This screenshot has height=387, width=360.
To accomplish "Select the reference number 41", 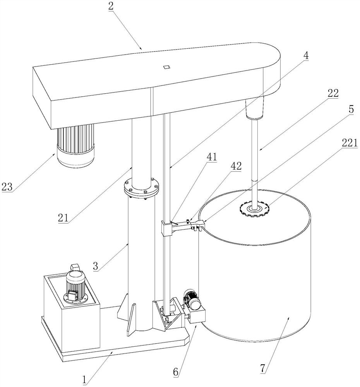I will (212, 157).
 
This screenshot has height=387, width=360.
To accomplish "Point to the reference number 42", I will (236, 166).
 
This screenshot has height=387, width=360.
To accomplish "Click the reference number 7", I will (263, 368).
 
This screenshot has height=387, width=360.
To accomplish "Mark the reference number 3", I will (98, 266).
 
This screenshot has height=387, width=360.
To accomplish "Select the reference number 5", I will (351, 110).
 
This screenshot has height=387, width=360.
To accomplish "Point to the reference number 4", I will (306, 55).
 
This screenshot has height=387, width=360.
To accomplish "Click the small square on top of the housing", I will (166, 67).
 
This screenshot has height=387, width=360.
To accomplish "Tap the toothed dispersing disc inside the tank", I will (254, 209).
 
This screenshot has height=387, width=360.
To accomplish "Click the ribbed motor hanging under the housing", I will (76, 143).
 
